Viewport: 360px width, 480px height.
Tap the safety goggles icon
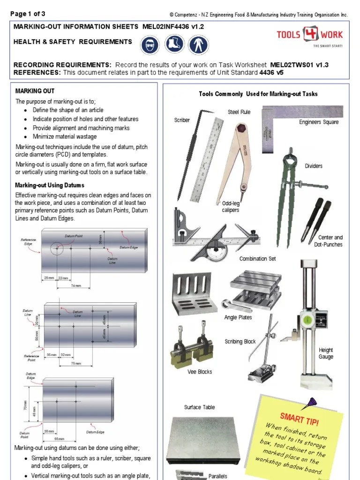(149, 45)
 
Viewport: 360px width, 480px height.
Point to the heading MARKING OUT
(35, 91)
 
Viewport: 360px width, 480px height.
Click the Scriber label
(182, 120)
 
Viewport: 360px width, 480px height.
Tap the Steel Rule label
(239, 112)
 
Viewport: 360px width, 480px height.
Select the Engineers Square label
(318, 122)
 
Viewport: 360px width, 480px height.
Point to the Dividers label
(314, 166)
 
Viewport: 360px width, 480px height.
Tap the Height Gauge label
(326, 353)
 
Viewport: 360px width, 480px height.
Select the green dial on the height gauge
(307, 319)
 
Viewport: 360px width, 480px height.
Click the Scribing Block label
(240, 342)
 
